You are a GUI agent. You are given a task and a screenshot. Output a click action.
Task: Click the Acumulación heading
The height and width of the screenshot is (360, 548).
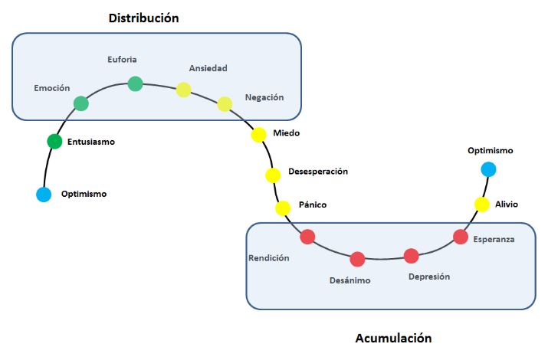[x=393, y=338]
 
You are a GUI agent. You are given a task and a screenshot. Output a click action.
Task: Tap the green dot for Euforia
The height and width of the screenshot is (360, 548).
[x=135, y=83]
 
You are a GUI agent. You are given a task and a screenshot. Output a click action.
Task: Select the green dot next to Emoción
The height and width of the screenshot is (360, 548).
[x=81, y=103]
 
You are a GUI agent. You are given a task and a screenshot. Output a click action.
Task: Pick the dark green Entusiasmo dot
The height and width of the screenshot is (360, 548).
[x=54, y=141]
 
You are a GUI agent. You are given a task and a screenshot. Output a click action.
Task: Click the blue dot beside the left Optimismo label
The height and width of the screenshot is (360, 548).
[x=44, y=195]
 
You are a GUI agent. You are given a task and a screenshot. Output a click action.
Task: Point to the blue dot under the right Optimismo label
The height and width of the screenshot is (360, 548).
[x=488, y=169]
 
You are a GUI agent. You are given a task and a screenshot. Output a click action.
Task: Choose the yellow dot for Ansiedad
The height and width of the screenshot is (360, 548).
[x=183, y=90]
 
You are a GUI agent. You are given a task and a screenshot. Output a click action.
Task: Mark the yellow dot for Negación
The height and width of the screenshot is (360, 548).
[x=225, y=104]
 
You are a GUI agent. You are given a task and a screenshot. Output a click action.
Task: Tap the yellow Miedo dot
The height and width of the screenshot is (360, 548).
[x=259, y=134]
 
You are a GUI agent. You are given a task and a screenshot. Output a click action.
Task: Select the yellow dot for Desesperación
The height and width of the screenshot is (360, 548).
[x=273, y=175]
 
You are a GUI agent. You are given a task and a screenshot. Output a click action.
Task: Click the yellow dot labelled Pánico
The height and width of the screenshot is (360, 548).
[x=283, y=208]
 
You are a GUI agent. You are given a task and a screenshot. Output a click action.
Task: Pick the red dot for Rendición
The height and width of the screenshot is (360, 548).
[x=307, y=237]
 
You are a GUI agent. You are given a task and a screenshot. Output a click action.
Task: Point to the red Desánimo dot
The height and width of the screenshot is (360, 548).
[x=357, y=259]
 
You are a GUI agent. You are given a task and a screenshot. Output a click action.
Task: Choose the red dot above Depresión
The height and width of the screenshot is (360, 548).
[x=412, y=256]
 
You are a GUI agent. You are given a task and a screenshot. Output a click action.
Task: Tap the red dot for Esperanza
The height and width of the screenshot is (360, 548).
[x=461, y=237]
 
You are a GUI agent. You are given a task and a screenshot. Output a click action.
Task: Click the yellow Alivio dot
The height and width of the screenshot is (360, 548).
[x=481, y=205]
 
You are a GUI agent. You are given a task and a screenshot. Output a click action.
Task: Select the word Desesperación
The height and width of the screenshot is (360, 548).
[x=317, y=171]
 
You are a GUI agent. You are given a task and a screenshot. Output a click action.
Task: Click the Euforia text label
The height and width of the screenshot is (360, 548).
[x=123, y=58]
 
